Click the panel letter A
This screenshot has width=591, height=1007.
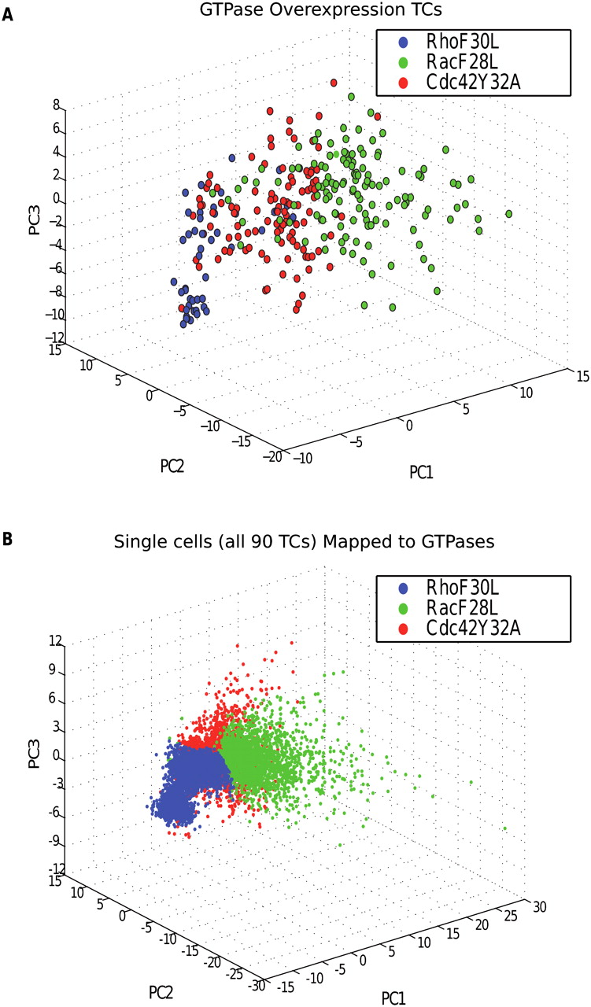point(7,13)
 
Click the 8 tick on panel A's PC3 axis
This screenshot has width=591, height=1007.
point(56,104)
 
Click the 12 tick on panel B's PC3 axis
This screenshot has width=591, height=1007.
point(54,641)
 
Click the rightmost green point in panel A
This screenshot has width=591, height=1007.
point(509,213)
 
